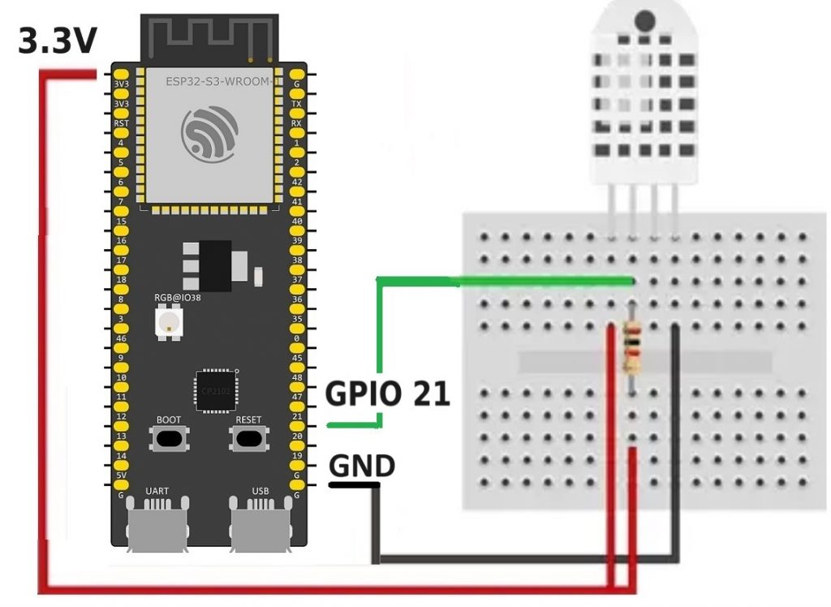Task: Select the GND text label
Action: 362,466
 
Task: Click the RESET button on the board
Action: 248,438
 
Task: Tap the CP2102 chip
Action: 214,392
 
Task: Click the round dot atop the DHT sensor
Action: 644,21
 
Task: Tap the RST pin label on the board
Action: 122,123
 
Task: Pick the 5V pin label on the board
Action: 122,476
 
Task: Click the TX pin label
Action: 297,104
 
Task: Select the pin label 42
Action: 297,182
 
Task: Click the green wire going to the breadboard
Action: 503,281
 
